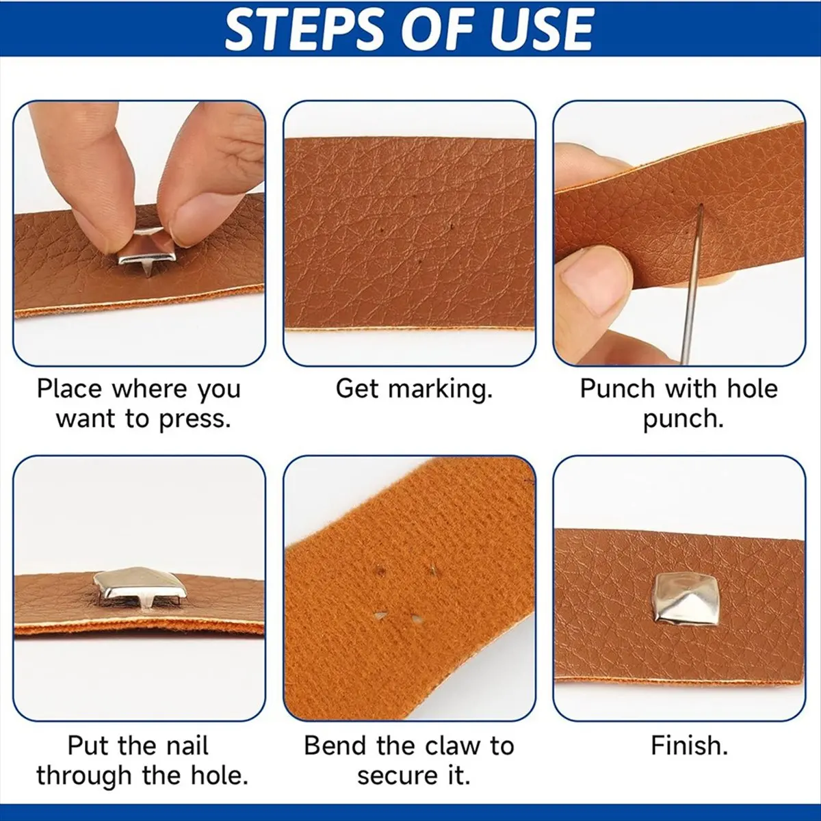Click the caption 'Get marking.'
[x=414, y=390]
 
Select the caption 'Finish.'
[x=689, y=746]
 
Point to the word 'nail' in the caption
[x=189, y=746]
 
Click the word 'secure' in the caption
[x=397, y=776]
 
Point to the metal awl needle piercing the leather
[x=693, y=283]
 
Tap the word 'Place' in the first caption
[x=70, y=389]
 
